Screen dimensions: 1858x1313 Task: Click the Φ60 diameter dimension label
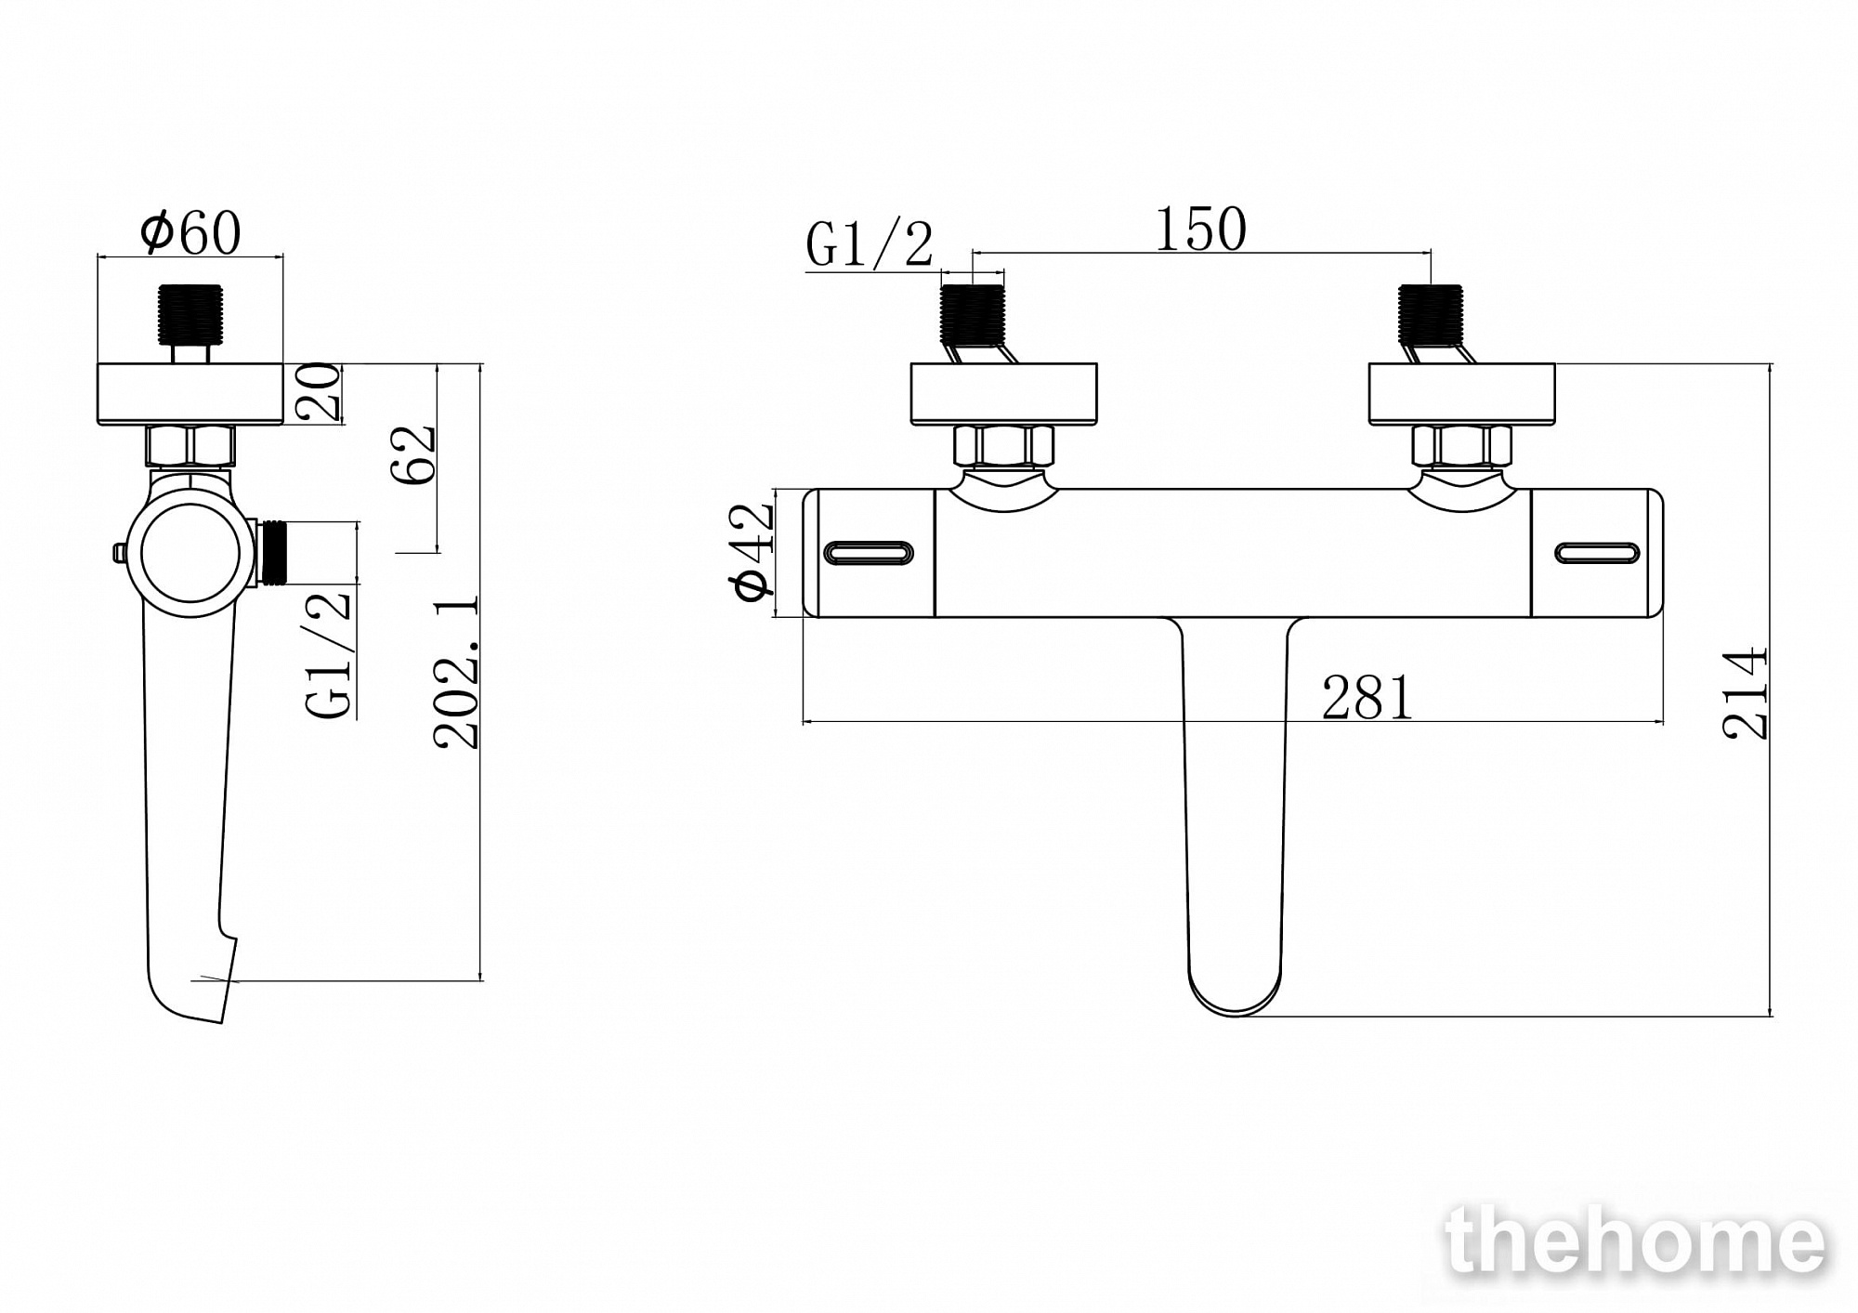(x=190, y=232)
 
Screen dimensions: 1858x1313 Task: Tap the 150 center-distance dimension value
(x=1200, y=229)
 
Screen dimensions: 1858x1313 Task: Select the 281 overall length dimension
(x=1367, y=698)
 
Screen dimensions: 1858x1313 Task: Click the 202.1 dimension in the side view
(x=457, y=672)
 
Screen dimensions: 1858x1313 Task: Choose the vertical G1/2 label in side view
(x=329, y=653)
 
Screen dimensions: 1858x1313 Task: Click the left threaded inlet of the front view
(x=974, y=314)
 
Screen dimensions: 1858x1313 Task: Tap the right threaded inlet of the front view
(x=1431, y=314)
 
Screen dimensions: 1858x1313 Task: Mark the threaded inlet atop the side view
(x=190, y=314)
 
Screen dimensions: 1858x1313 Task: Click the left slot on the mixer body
(x=869, y=554)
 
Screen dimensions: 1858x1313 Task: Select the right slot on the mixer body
(x=1597, y=554)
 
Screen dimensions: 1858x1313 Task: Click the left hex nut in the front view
(x=1003, y=445)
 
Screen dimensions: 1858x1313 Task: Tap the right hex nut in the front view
(x=1461, y=445)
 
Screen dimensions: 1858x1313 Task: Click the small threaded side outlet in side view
(x=274, y=554)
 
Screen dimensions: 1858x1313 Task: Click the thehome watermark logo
(x=1634, y=1241)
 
